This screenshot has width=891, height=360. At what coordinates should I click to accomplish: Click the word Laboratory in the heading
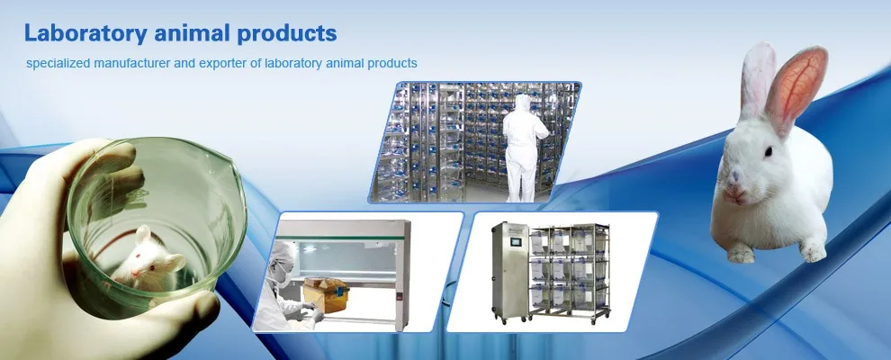78,34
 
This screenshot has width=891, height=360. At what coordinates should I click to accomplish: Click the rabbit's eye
769,154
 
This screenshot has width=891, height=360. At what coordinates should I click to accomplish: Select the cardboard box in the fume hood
326,293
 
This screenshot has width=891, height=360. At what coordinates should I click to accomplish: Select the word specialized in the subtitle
55,64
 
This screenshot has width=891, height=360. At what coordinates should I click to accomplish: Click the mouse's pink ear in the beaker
142,236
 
